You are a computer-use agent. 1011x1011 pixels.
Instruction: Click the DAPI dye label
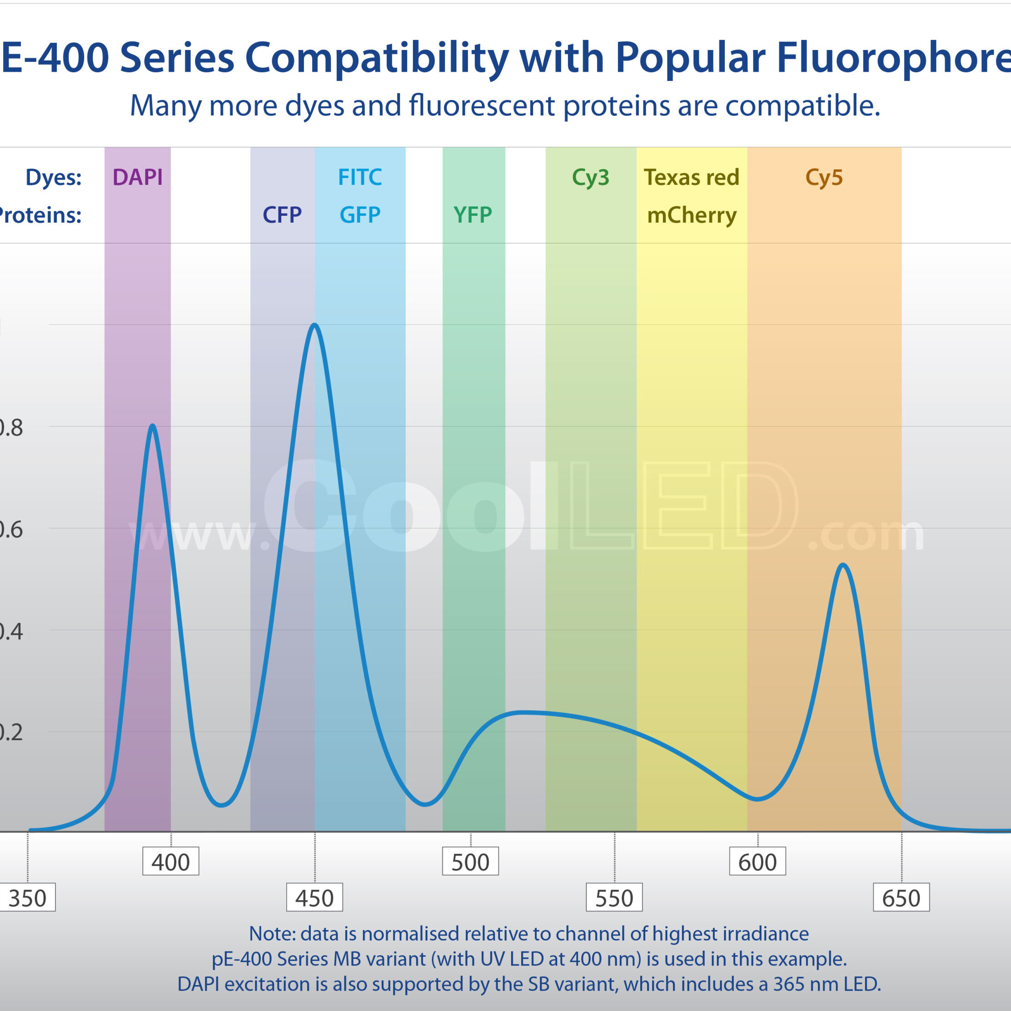pyautogui.click(x=138, y=177)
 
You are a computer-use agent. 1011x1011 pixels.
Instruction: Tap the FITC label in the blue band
pyautogui.click(x=360, y=177)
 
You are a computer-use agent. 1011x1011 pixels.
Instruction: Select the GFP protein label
pyautogui.click(x=360, y=215)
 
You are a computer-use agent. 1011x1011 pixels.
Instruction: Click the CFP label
pyautogui.click(x=282, y=215)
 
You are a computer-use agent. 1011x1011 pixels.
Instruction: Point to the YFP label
pyautogui.click(x=473, y=215)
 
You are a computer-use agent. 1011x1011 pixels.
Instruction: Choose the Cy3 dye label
pyautogui.click(x=591, y=177)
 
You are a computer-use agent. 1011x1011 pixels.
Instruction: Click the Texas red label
pyautogui.click(x=691, y=177)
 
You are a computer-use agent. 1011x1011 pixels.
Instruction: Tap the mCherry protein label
pyautogui.click(x=691, y=215)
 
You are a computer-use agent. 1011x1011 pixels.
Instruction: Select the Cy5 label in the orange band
pyautogui.click(x=824, y=177)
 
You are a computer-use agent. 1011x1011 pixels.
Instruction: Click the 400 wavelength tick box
pyautogui.click(x=170, y=862)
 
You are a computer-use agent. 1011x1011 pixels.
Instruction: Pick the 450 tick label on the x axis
pyautogui.click(x=314, y=898)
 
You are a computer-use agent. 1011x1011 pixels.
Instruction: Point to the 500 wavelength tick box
pyautogui.click(x=470, y=862)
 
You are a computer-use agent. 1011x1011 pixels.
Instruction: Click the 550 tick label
pyautogui.click(x=614, y=898)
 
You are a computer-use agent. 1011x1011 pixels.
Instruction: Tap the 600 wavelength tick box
pyautogui.click(x=757, y=862)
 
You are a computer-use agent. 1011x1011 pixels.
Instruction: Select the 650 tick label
pyautogui.click(x=901, y=898)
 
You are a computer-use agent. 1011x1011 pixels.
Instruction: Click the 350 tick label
pyautogui.click(x=28, y=898)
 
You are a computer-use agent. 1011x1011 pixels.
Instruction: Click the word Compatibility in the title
pyautogui.click(x=377, y=58)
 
